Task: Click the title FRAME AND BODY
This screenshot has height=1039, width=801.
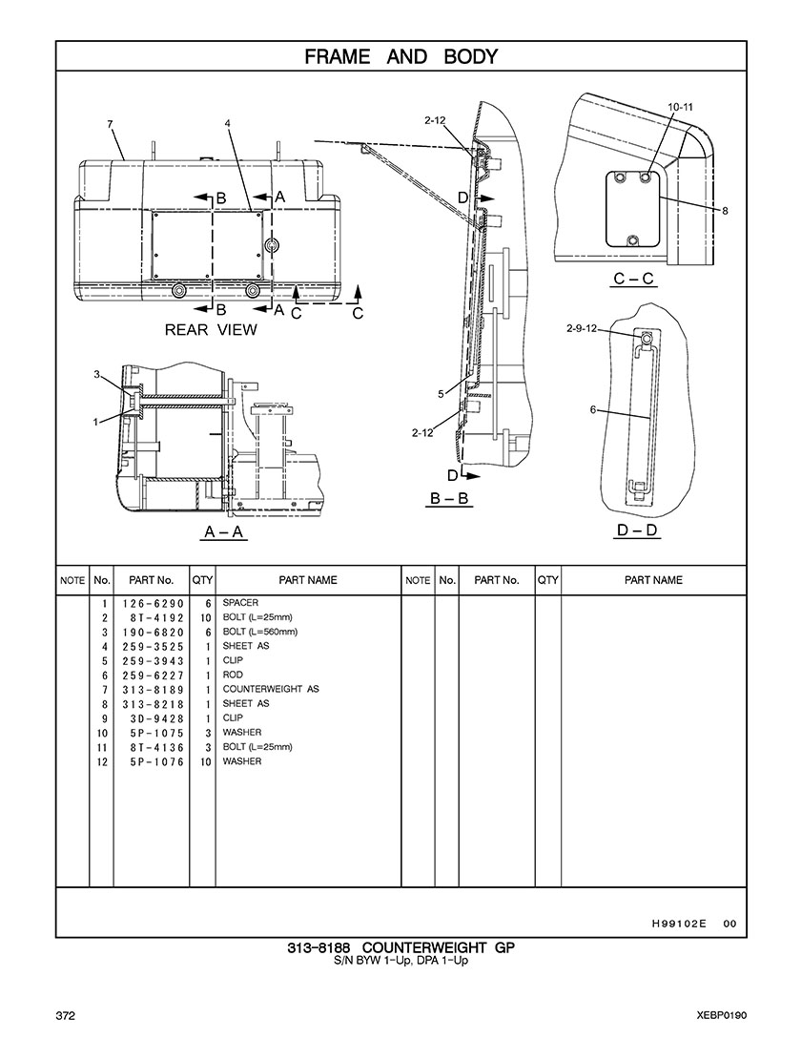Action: [x=400, y=57]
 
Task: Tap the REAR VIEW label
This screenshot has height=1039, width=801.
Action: [x=211, y=330]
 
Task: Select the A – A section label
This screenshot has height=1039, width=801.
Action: [x=224, y=532]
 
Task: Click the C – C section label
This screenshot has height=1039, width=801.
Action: [x=633, y=279]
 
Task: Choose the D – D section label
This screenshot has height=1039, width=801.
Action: [x=638, y=530]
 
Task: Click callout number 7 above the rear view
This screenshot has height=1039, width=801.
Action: [x=111, y=124]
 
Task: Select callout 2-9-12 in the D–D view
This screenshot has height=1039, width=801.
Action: [x=581, y=328]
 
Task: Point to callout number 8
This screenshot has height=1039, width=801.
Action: [x=726, y=211]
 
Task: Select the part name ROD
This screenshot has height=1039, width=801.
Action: [x=233, y=675]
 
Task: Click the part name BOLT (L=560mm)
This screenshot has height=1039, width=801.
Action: [x=260, y=633]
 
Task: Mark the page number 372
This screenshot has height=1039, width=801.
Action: [x=65, y=1014]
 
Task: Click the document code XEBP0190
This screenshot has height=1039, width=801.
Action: [x=722, y=1014]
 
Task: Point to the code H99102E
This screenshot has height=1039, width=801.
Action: [x=678, y=923]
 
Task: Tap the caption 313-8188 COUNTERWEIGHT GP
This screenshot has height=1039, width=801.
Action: [x=400, y=948]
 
